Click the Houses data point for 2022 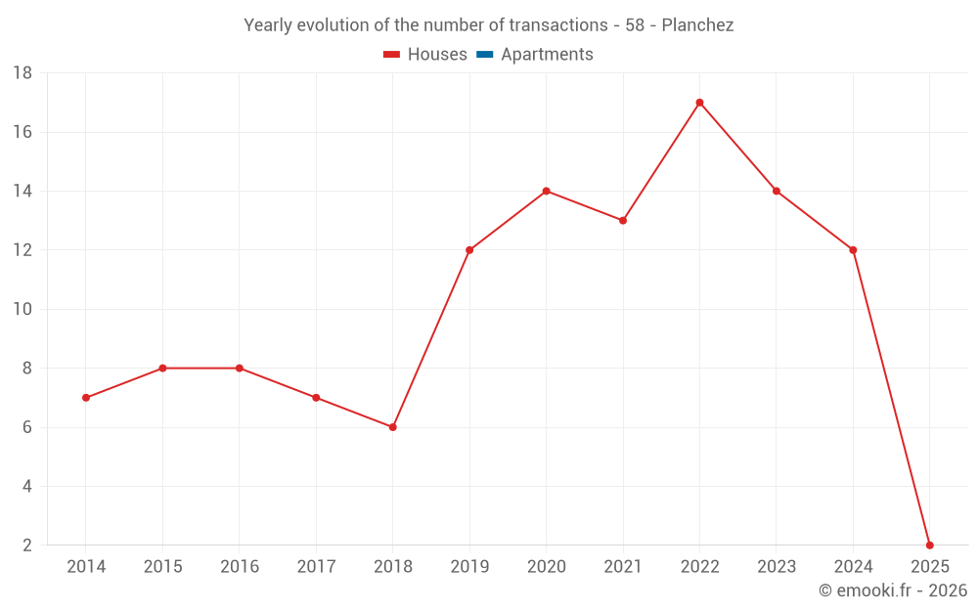click(x=699, y=103)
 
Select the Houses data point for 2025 click(x=929, y=545)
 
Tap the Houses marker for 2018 click(x=392, y=427)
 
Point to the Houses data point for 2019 click(x=469, y=250)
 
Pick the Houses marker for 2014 click(x=86, y=398)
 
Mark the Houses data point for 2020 click(x=546, y=191)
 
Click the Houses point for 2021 click(x=623, y=220)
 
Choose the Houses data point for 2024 click(x=853, y=250)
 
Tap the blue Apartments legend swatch click(x=484, y=55)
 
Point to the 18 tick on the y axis click(x=22, y=73)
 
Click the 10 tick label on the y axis click(x=22, y=310)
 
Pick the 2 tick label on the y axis click(x=27, y=546)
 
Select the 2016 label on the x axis click(x=240, y=567)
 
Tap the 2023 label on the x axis click(x=777, y=567)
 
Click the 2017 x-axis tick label click(x=316, y=567)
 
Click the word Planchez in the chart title click(x=697, y=25)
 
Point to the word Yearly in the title click(x=268, y=25)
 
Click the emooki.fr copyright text click(x=893, y=590)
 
